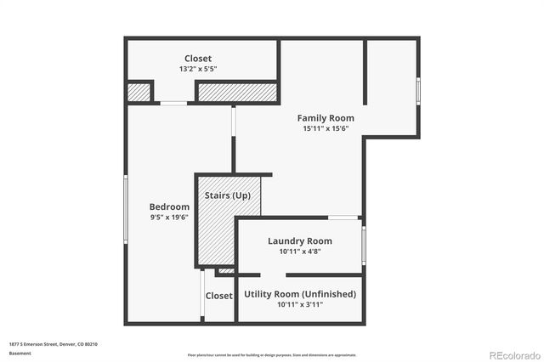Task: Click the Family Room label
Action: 326,118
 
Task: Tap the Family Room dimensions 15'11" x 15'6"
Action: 326,129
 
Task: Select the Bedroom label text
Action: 169,206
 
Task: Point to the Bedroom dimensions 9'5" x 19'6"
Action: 169,218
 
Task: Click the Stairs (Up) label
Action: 228,195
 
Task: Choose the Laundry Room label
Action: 299,240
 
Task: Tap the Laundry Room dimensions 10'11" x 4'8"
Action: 299,252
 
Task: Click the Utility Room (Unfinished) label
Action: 300,294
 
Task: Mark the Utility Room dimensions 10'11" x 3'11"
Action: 300,305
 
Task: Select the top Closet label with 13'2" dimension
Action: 198,59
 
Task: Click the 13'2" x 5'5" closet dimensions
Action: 198,70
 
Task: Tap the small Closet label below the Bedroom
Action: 218,296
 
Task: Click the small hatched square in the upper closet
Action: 139,91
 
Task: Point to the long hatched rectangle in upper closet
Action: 237,91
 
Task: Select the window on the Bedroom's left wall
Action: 126,205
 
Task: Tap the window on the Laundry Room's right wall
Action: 363,245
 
